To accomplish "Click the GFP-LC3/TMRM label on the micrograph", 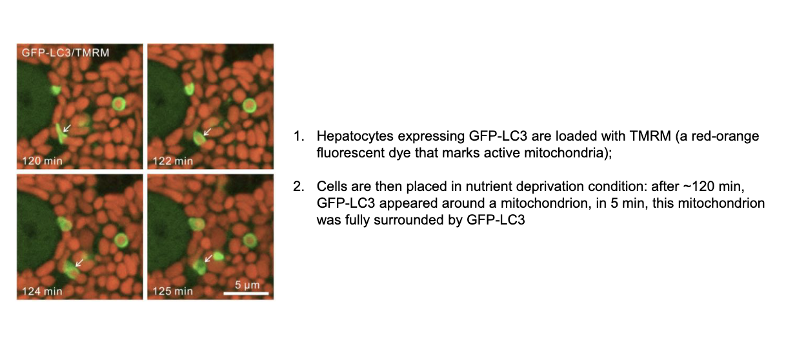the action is (x=65, y=53).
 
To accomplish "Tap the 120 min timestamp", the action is (x=42, y=161).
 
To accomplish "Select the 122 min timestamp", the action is (x=173, y=161).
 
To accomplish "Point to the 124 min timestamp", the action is (x=42, y=291).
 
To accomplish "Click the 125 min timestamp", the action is (x=173, y=291).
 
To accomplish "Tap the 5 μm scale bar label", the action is (x=247, y=285).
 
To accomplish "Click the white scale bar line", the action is (x=246, y=294).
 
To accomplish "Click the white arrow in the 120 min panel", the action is (x=66, y=128).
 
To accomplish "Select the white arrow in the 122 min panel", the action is (x=207, y=132).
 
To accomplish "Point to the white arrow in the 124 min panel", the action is (x=79, y=263).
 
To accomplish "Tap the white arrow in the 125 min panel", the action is (x=208, y=258).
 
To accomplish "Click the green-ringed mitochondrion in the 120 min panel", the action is (x=119, y=103).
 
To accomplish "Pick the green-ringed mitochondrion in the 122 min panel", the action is (x=249, y=105).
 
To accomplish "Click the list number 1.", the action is (x=299, y=136).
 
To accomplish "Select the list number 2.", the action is (x=299, y=186).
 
